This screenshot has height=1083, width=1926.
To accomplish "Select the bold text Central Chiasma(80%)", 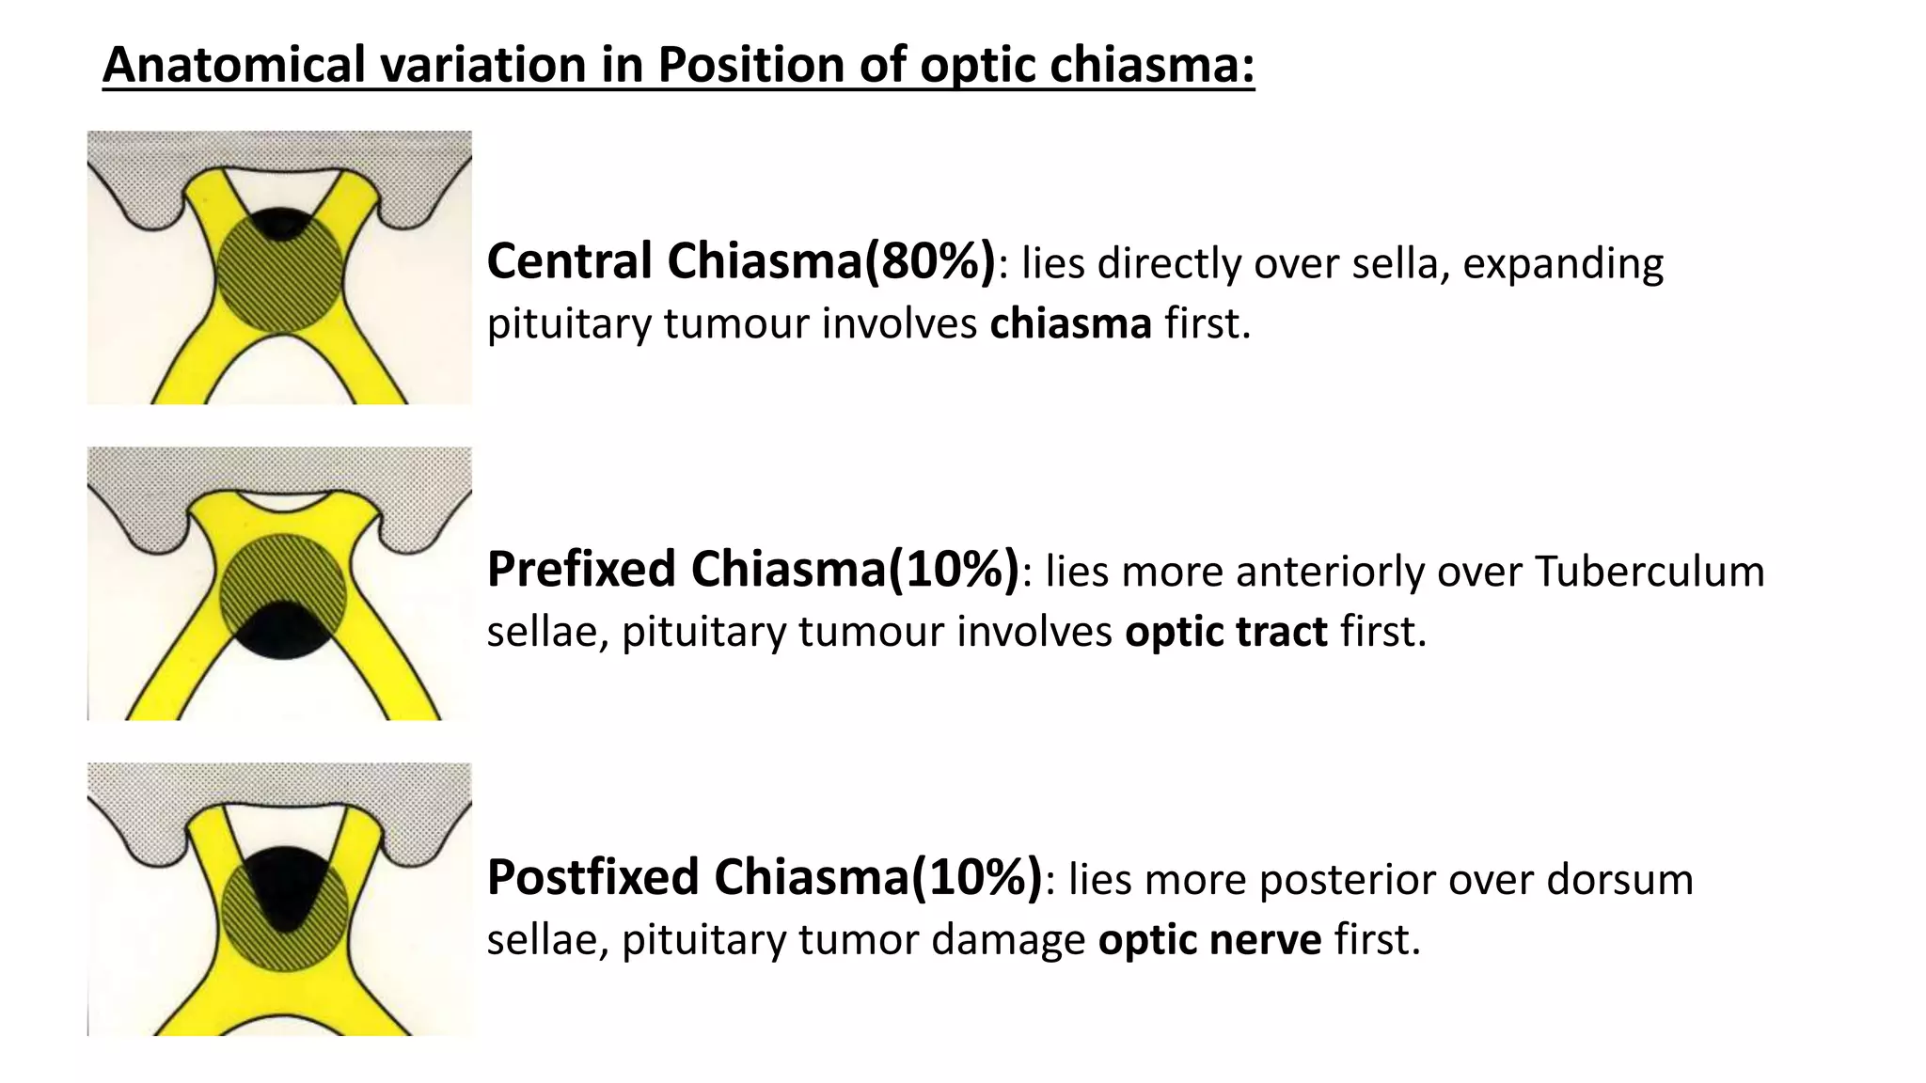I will pos(741,261).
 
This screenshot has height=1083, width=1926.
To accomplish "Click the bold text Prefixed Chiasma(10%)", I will pos(752,570).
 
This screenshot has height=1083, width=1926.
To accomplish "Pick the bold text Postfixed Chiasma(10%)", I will pos(765,878).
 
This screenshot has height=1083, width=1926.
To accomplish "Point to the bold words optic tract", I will pos(1226,631).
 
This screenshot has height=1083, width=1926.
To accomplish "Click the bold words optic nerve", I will pos(1209,939).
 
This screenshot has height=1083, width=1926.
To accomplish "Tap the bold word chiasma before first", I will pos(1070,323).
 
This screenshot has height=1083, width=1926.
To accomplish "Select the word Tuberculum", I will pos(1650,572).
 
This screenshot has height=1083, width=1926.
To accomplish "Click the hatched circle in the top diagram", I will pos(279,282).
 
